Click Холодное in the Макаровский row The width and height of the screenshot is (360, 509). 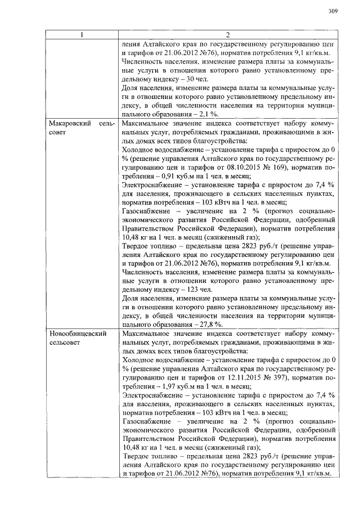pos(139,150)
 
